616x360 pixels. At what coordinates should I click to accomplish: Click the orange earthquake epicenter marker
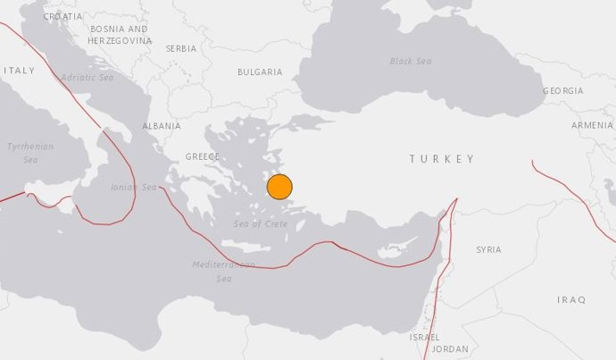pyautogui.click(x=279, y=187)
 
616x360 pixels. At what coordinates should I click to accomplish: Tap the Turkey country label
pyautogui.click(x=442, y=159)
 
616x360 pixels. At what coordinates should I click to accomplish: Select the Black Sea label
pyautogui.click(x=411, y=62)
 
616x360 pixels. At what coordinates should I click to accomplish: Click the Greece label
pyautogui.click(x=202, y=156)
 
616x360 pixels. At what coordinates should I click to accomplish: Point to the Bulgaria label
pyautogui.click(x=260, y=72)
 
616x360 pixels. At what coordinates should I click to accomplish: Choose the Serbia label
pyautogui.click(x=181, y=48)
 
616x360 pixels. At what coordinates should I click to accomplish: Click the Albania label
pyautogui.click(x=162, y=127)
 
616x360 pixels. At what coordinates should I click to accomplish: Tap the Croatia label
pyautogui.click(x=62, y=17)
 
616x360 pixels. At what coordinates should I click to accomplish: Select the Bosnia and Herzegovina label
pyautogui.click(x=120, y=35)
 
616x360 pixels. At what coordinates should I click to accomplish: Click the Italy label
pyautogui.click(x=19, y=70)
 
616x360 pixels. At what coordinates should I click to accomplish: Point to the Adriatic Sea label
pyautogui.click(x=87, y=78)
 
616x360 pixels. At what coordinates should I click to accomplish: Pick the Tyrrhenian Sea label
pyautogui.click(x=30, y=153)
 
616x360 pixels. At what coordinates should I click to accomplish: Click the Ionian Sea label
pyautogui.click(x=133, y=188)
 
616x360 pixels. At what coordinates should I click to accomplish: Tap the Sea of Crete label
pyautogui.click(x=261, y=223)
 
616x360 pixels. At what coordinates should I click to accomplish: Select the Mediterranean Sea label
pyautogui.click(x=223, y=272)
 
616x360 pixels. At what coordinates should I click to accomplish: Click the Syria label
pyautogui.click(x=488, y=249)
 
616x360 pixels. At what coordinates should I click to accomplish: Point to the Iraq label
pyautogui.click(x=570, y=299)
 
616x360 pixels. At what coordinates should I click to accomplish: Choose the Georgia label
pyautogui.click(x=562, y=91)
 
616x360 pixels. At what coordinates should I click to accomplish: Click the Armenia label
pyautogui.click(x=592, y=126)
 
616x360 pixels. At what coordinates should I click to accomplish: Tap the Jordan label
pyautogui.click(x=449, y=349)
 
